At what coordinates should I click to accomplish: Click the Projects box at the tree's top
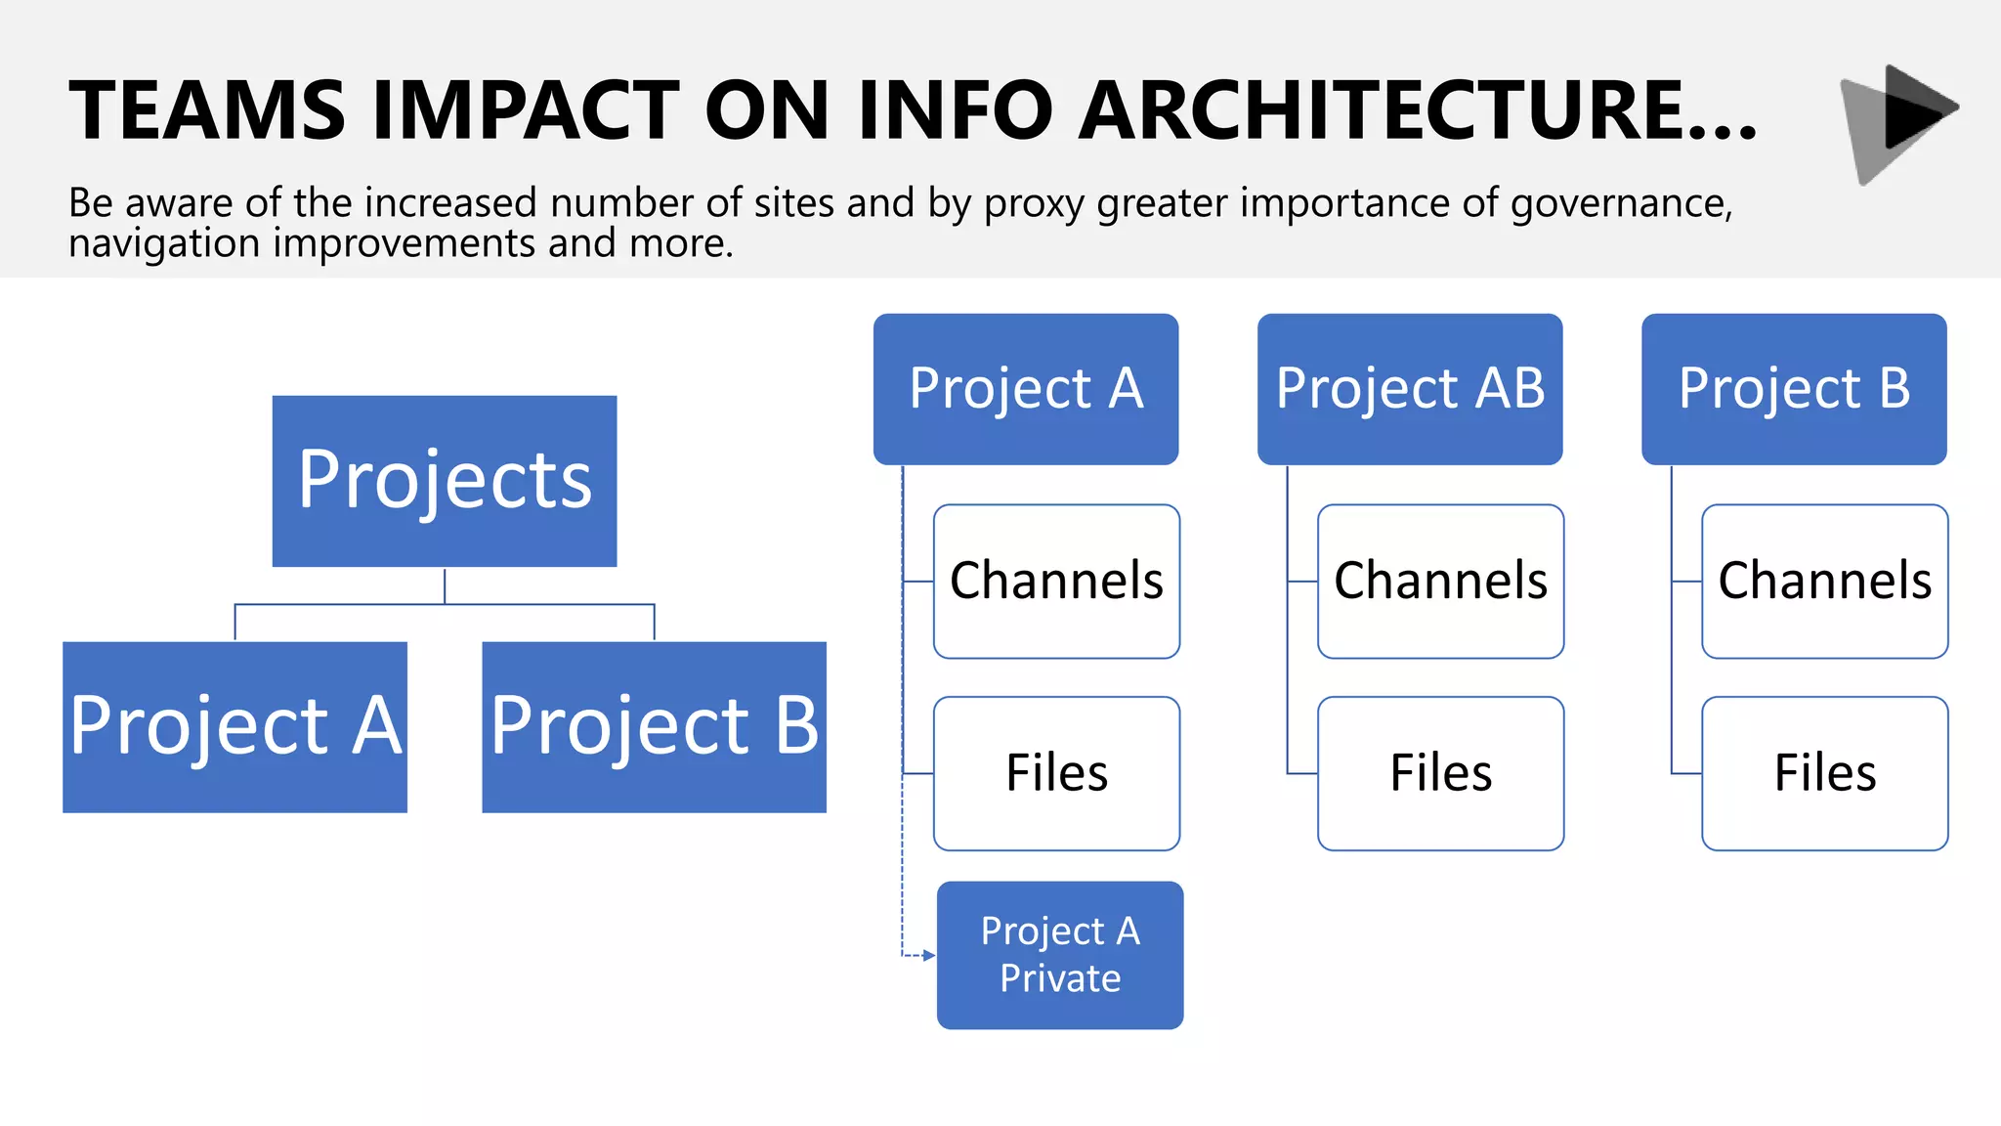tap(445, 481)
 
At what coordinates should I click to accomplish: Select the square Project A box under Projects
tap(234, 726)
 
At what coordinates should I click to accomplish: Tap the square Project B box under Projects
tap(654, 726)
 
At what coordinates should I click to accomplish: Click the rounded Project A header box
tap(1025, 388)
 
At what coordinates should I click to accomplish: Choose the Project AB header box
tap(1409, 388)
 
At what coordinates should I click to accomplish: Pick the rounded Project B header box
tap(1794, 388)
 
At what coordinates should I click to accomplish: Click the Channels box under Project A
tap(1056, 581)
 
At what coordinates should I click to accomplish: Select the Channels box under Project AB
tap(1440, 581)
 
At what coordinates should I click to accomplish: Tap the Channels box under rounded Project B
tap(1824, 581)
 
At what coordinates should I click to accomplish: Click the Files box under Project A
tap(1056, 773)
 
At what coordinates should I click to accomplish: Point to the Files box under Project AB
tap(1440, 773)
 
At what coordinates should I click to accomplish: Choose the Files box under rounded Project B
tap(1824, 773)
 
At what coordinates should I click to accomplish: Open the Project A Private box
tap(1060, 955)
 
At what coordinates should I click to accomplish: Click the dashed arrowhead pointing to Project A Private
tap(928, 955)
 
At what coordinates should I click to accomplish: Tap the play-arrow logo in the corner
tap(1900, 122)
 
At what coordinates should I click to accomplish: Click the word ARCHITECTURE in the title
tap(1417, 110)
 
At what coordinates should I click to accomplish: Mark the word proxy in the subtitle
tap(1034, 203)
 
